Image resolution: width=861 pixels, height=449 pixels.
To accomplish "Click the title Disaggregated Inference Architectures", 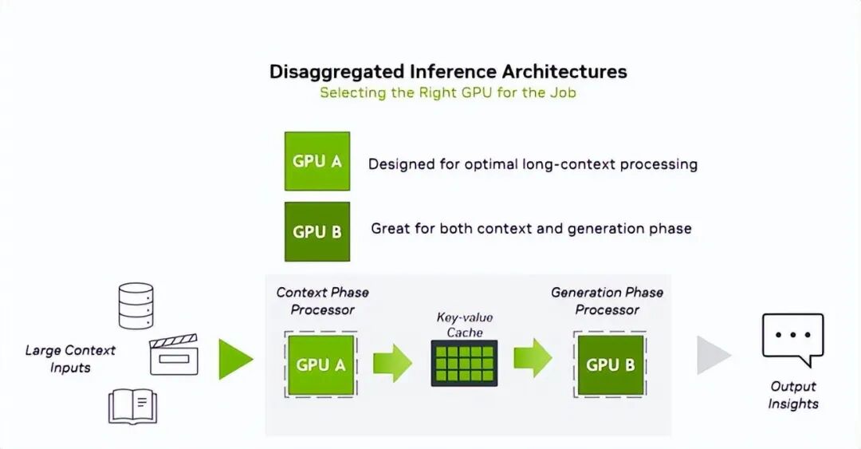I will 448,71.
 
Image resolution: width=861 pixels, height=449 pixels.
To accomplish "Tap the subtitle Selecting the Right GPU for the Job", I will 448,93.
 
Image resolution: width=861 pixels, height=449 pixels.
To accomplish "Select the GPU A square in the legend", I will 316,161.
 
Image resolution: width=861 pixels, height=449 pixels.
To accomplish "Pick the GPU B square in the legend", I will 316,232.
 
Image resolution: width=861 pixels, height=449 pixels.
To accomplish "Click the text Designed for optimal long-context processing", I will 533,164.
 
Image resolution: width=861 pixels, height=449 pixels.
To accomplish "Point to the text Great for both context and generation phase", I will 531,229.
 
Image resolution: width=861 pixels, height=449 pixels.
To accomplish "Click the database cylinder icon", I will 136,305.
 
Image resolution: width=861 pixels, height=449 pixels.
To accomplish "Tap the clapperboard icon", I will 174,355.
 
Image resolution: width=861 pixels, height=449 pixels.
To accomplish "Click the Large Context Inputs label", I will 70,359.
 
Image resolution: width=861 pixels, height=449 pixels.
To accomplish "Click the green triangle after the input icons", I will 235,359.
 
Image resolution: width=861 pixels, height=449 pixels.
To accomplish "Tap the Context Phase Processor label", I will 322,301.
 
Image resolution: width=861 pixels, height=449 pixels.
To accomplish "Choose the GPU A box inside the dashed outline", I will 320,364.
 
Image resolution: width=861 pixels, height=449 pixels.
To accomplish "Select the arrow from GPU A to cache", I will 392,363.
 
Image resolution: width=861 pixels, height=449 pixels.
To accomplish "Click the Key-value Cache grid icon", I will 464,363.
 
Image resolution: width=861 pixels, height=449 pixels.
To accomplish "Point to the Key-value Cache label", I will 464,325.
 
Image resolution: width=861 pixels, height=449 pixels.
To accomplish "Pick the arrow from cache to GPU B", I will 533,357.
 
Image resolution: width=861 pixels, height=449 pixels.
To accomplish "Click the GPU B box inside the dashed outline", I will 610,364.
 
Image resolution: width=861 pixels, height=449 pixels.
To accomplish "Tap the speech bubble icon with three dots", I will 792,337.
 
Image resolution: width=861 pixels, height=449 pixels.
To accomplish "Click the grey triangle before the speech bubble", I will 713,356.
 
